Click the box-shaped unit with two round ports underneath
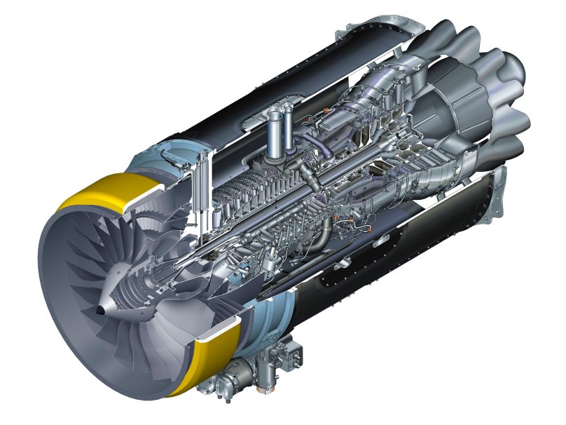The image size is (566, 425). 280,361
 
